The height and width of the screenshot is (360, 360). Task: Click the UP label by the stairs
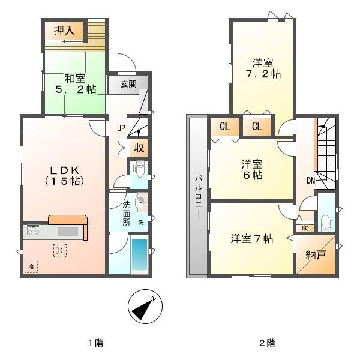[x=120, y=127]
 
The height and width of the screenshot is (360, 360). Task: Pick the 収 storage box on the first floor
[x=139, y=148]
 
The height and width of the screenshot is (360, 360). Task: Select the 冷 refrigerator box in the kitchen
[x=30, y=265]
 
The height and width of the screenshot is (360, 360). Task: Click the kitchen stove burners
[x=32, y=230]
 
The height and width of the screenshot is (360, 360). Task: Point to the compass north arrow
[x=145, y=307]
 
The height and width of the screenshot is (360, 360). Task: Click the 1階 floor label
[x=95, y=343]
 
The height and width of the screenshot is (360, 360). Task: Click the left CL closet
[x=223, y=126]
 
